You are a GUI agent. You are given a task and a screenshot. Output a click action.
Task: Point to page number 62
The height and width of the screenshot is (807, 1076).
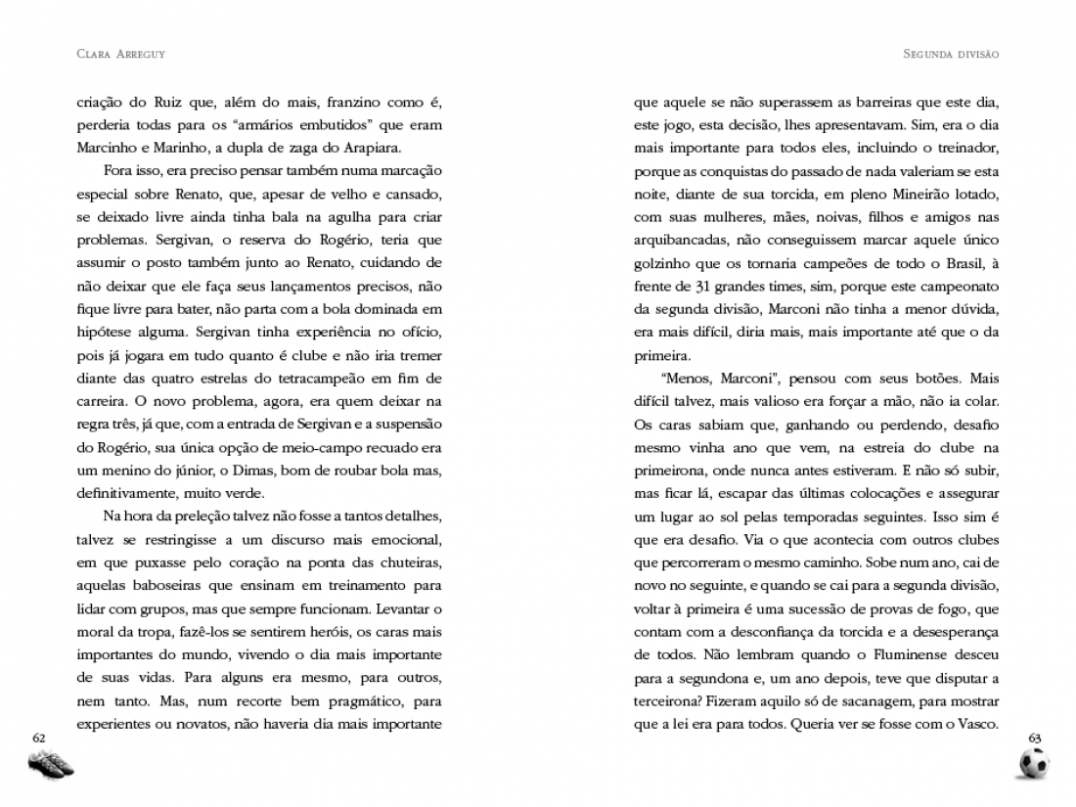(x=39, y=736)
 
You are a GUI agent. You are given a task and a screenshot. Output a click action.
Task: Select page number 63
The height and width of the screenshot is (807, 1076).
(x=1036, y=736)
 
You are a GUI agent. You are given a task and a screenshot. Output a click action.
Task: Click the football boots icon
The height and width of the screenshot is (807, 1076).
(x=51, y=766)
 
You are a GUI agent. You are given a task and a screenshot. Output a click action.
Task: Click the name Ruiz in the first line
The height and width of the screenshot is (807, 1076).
(x=169, y=102)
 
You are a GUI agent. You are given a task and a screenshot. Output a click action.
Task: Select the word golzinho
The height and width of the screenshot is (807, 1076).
(x=662, y=263)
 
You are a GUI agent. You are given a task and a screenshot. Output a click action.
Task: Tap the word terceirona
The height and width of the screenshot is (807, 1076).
(x=669, y=702)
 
